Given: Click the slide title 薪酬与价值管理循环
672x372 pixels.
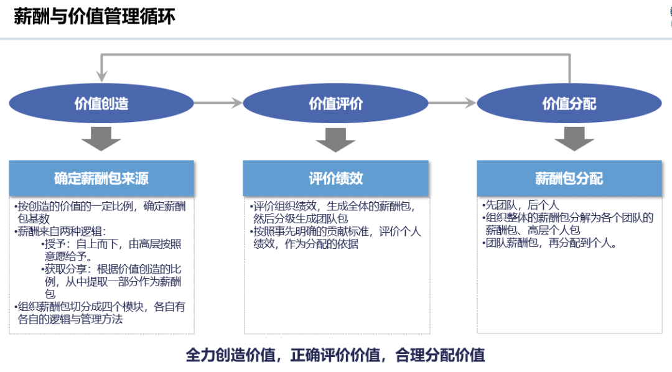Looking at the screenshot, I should pyautogui.click(x=95, y=16).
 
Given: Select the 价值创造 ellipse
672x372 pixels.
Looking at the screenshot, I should pyautogui.click(x=101, y=103).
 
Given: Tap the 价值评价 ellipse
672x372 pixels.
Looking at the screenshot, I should pyautogui.click(x=335, y=103).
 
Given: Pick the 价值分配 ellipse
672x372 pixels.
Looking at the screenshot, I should pyautogui.click(x=569, y=103).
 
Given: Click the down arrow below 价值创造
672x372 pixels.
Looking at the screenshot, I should pyautogui.click(x=101, y=138).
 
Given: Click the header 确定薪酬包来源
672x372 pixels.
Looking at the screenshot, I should pyautogui.click(x=101, y=179).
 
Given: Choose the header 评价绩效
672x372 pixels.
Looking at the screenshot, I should pyautogui.click(x=335, y=179).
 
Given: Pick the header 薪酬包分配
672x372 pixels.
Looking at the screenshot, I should pyautogui.click(x=569, y=179).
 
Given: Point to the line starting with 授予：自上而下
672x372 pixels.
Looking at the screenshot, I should pyautogui.click(x=112, y=249).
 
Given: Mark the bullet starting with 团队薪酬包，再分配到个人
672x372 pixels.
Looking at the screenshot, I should pyautogui.click(x=550, y=243).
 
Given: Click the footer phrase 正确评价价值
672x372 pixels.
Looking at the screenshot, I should pyautogui.click(x=336, y=355).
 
